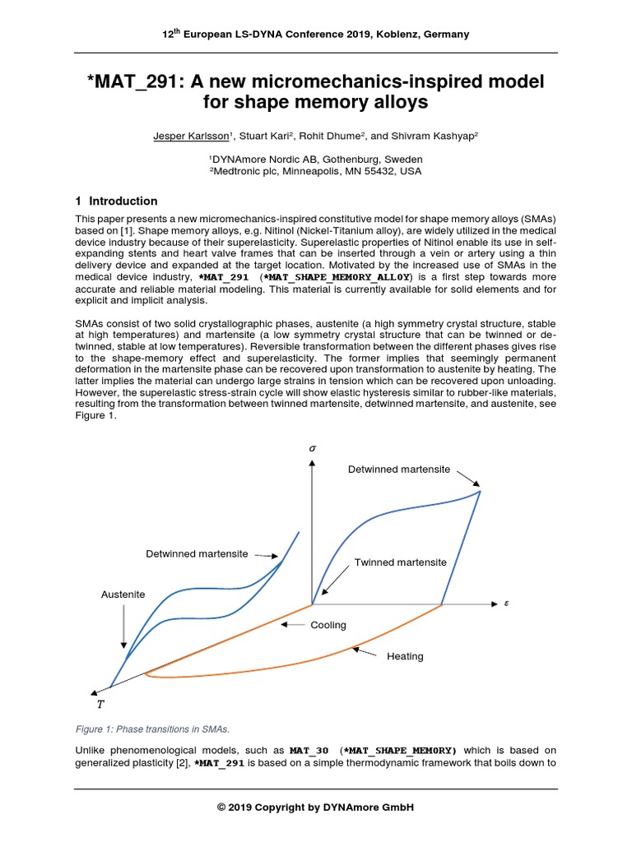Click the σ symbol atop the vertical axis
coord(312,448)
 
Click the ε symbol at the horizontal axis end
coord(507,603)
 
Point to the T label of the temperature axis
coord(100,704)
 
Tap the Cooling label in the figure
coord(328,625)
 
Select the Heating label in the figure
coord(405,656)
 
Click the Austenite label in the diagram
coord(123,594)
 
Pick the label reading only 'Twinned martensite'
coord(401,562)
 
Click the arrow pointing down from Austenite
coord(123,629)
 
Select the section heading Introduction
coord(123,201)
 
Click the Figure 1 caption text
coord(152,729)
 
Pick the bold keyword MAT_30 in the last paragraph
coord(309,750)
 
